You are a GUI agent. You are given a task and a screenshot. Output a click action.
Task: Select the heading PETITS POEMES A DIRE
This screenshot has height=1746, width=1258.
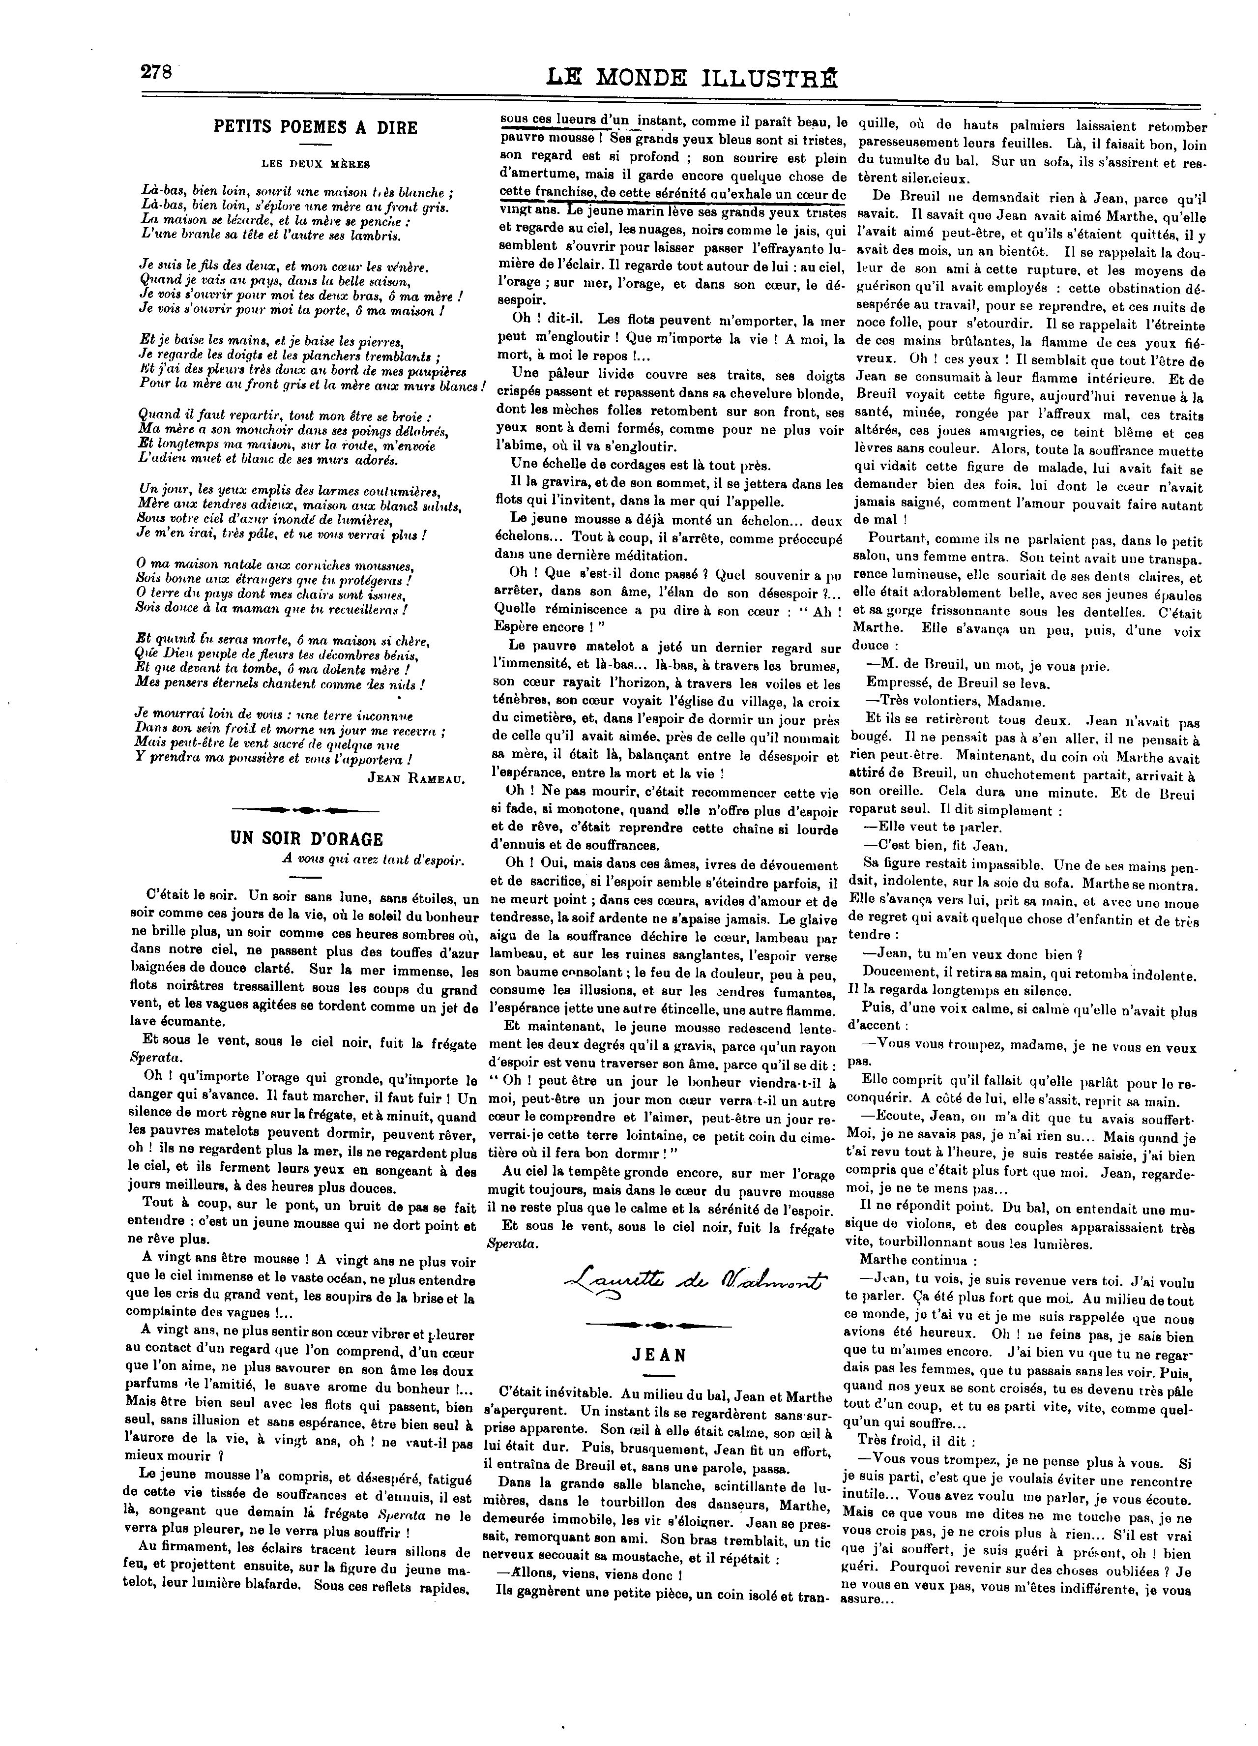(315, 128)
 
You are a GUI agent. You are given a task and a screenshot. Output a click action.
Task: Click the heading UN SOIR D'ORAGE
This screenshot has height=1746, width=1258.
(306, 839)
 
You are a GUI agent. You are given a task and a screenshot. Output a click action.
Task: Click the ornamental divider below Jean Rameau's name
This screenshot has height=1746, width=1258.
(306, 809)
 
